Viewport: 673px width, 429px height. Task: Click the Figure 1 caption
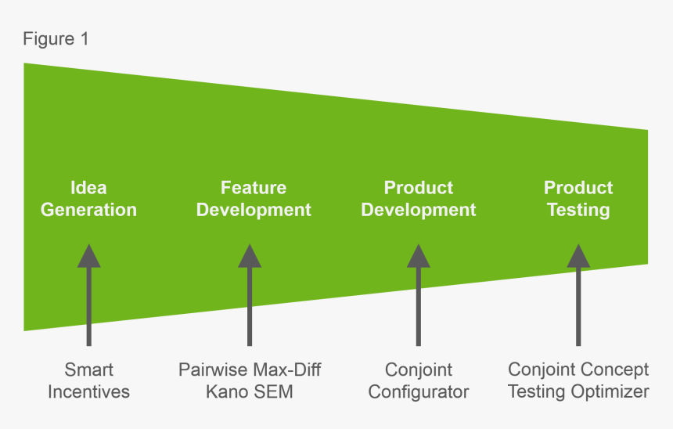tap(56, 38)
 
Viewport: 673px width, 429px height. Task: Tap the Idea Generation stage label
tap(88, 199)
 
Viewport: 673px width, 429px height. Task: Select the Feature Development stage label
tap(254, 199)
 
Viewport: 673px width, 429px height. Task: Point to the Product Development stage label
tap(419, 199)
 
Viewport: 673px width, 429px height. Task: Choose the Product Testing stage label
tap(578, 199)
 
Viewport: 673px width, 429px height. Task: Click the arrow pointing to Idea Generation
tap(88, 297)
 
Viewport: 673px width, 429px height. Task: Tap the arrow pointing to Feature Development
tap(250, 297)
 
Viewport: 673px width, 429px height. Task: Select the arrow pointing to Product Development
tap(419, 297)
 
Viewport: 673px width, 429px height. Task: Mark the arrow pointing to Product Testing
tap(578, 297)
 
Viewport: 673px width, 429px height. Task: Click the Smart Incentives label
tap(88, 380)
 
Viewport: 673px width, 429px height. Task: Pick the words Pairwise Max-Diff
tap(250, 370)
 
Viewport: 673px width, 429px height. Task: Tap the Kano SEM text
tap(250, 391)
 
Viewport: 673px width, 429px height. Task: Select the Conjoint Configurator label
tap(419, 380)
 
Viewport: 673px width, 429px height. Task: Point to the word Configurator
tap(419, 391)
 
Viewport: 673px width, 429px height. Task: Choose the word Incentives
tap(88, 391)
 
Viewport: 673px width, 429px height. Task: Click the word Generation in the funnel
tap(88, 210)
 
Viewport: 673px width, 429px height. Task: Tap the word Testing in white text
tap(578, 210)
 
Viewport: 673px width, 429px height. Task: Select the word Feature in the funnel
tap(254, 188)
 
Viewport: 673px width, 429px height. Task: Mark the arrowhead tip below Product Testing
tap(578, 247)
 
